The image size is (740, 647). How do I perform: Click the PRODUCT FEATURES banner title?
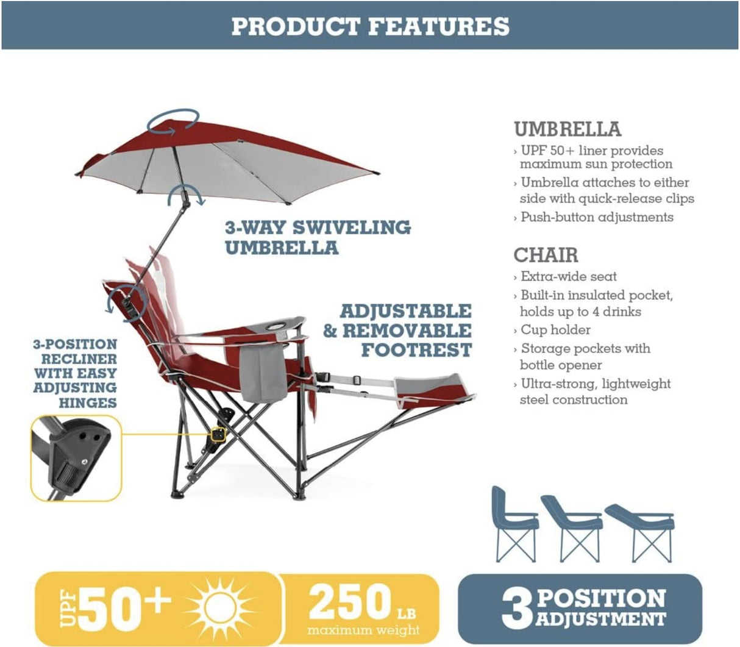point(370,26)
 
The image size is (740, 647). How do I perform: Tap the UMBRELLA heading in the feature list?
point(567,129)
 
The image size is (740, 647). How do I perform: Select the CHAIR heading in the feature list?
point(546,255)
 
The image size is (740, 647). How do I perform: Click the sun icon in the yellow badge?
point(218,607)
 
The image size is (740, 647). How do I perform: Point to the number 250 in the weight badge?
point(350,602)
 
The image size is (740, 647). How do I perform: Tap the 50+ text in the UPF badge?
point(124,607)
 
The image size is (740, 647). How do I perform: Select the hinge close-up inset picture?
point(76,459)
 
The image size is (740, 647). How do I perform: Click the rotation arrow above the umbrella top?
point(176,120)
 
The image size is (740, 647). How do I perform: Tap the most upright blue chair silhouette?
point(514,524)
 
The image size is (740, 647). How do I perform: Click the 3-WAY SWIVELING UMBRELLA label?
point(317,237)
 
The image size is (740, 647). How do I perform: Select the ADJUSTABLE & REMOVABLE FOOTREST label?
point(399,330)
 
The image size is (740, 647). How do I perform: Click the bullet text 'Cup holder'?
point(555,330)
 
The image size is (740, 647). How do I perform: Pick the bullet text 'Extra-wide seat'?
point(568,276)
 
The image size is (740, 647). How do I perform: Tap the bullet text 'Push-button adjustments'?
point(597,217)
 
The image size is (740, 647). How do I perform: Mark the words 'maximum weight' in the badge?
point(363,629)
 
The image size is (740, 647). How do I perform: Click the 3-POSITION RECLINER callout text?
point(76,373)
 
